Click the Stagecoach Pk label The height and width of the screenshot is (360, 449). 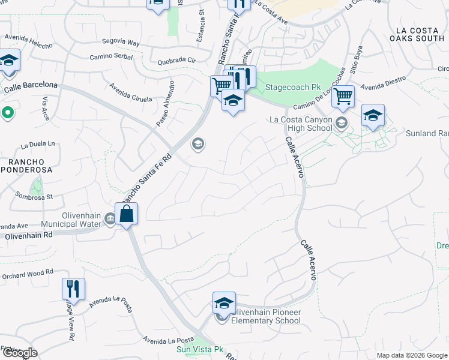[x=294, y=87]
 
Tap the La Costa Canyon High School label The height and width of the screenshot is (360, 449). [x=301, y=123]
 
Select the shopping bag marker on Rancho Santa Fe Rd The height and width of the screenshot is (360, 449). [x=127, y=214]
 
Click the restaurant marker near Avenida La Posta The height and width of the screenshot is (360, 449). [x=73, y=290]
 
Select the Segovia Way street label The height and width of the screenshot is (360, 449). [x=120, y=43]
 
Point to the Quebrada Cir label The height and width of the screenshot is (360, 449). [x=176, y=61]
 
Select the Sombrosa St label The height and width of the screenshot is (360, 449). [x=34, y=196]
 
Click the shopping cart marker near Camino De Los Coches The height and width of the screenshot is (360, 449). [x=343, y=96]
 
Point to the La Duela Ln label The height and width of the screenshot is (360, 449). [x=37, y=145]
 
